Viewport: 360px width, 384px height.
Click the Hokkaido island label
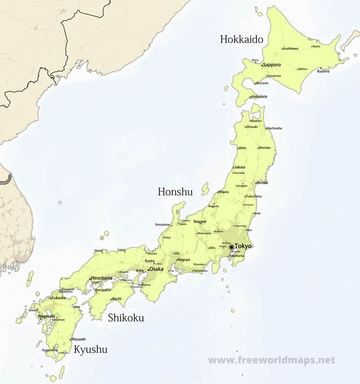(x=241, y=39)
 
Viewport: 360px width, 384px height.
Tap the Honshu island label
(x=175, y=192)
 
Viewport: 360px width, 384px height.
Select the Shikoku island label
(x=126, y=318)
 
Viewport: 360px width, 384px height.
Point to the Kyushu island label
(x=90, y=349)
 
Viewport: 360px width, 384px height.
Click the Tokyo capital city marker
(x=231, y=247)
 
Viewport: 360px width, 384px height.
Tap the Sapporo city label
(x=272, y=64)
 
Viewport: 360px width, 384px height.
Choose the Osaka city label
(x=156, y=269)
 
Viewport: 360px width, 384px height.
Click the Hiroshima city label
(x=102, y=278)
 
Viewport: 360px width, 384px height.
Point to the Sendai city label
(x=262, y=183)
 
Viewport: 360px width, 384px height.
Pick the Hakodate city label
(x=259, y=97)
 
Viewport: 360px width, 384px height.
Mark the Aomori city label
(x=256, y=121)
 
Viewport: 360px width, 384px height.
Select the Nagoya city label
(x=183, y=260)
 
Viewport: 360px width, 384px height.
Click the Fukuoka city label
(x=59, y=298)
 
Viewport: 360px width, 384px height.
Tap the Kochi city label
(x=116, y=299)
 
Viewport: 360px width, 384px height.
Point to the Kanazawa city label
(x=162, y=224)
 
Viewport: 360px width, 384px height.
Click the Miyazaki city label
(x=78, y=339)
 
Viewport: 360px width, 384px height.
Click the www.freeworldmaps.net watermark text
(x=271, y=360)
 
